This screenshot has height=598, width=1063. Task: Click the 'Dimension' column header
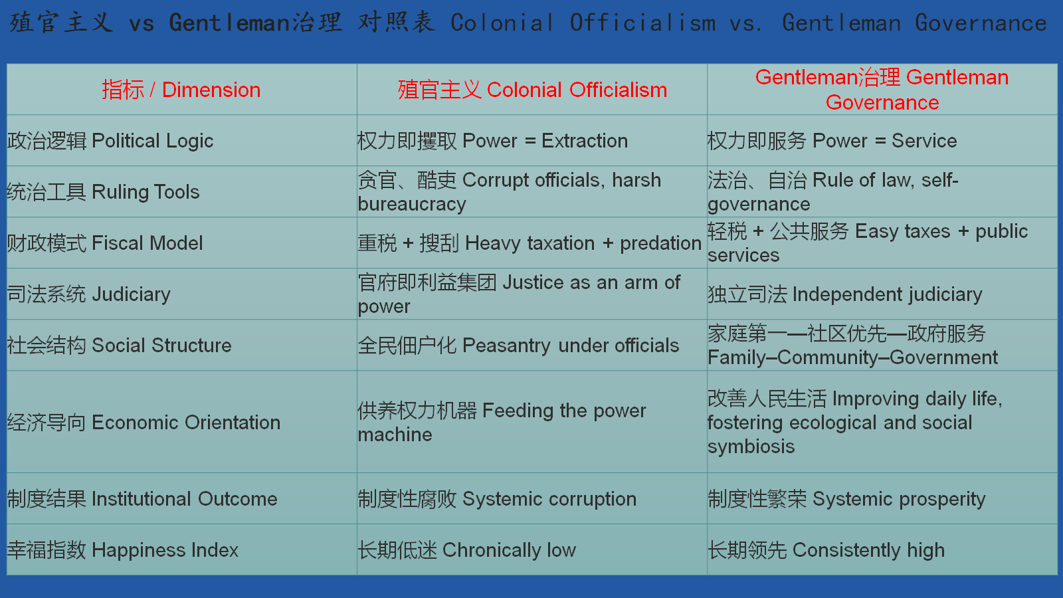tap(181, 90)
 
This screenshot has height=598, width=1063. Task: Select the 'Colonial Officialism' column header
tap(532, 90)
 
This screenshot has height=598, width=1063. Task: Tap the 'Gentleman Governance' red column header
tap(882, 90)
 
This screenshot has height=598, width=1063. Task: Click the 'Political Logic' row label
tap(110, 141)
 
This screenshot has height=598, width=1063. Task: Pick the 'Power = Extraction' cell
tap(492, 141)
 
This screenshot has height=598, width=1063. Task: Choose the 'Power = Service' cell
tap(832, 141)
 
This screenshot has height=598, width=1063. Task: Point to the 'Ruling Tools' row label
tap(103, 192)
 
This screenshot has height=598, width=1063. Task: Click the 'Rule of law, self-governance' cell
tap(833, 192)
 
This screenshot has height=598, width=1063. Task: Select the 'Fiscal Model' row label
tap(105, 243)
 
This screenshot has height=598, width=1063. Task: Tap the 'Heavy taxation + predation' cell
tap(530, 243)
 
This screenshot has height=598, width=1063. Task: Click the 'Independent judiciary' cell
tap(844, 295)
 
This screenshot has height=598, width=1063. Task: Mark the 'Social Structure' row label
tap(119, 346)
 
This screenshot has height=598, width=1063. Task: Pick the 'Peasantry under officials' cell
tap(518, 346)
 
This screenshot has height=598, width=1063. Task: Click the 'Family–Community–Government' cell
tap(852, 346)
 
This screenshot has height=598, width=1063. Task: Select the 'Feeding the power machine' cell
tap(502, 423)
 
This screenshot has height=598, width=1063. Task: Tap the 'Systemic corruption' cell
tap(497, 499)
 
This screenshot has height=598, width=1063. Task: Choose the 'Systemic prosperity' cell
tap(846, 499)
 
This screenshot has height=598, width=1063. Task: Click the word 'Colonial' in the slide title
tap(502, 23)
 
